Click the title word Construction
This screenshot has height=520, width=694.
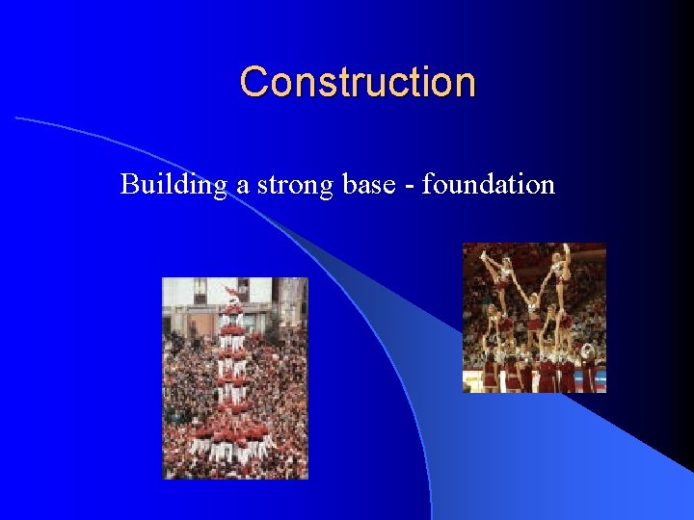pos(358,82)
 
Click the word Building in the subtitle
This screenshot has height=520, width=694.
pos(173,184)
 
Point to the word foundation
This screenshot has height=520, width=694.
pos(489,183)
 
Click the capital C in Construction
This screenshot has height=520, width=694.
pos(254,82)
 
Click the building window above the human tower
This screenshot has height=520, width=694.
pos(200,289)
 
